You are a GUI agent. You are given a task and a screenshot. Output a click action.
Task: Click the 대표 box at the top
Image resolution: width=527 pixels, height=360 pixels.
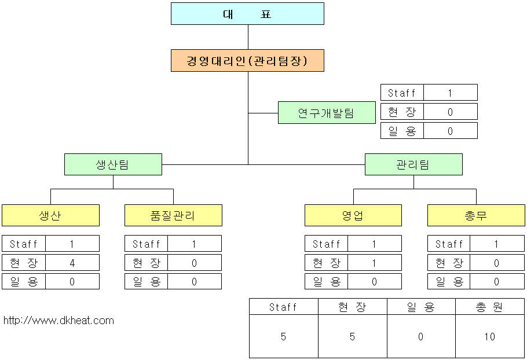(x=247, y=14)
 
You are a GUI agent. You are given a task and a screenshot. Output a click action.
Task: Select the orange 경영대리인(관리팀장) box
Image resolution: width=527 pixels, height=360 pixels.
(x=247, y=60)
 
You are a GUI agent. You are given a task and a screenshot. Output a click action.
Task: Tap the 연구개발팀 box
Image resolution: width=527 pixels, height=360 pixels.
(x=327, y=112)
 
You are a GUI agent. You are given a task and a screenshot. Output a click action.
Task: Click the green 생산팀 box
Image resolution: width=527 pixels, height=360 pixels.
(x=113, y=164)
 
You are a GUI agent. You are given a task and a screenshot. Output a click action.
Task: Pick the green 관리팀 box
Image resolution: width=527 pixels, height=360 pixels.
(x=413, y=164)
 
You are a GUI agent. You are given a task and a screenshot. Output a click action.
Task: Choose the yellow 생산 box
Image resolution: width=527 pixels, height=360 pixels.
(x=50, y=215)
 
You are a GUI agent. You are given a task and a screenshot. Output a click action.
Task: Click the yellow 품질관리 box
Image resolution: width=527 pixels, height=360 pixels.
(x=173, y=215)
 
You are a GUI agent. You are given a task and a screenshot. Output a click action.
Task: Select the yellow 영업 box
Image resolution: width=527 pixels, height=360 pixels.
(x=353, y=215)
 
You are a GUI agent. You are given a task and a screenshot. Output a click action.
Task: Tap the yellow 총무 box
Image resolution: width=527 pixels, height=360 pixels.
(x=476, y=215)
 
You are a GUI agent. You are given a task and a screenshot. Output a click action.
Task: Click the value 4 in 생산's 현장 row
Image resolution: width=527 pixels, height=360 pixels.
(x=72, y=263)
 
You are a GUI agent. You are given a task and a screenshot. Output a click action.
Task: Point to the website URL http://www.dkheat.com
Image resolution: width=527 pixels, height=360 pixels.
(x=58, y=320)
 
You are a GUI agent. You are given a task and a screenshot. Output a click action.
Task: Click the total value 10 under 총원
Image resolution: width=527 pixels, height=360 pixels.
(x=490, y=336)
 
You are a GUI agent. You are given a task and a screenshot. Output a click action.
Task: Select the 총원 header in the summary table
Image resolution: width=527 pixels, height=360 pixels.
(x=490, y=307)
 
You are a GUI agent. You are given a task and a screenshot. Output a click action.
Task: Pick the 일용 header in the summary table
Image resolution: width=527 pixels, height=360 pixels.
(x=421, y=307)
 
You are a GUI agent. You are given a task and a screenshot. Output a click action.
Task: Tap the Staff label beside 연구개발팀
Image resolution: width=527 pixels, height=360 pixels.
(x=402, y=93)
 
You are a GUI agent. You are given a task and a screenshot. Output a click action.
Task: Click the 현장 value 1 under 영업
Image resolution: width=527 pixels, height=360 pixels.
(x=374, y=263)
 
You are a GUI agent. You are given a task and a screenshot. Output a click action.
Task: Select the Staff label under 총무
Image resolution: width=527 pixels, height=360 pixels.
(x=449, y=244)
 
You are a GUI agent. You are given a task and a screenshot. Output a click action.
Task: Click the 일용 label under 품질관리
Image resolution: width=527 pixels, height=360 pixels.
(x=147, y=281)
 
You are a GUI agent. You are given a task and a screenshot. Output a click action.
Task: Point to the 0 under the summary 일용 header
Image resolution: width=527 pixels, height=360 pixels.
(x=421, y=336)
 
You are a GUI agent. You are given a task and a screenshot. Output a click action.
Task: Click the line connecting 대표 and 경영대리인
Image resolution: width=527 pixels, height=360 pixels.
(x=248, y=37)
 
